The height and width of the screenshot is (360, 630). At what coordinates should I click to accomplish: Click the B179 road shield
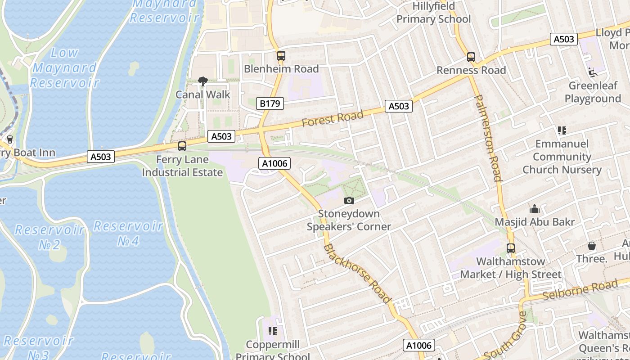pos(270,103)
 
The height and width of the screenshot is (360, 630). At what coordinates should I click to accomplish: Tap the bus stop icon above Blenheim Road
pos(281,56)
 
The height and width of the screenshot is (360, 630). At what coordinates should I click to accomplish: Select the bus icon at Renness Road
pos(471,57)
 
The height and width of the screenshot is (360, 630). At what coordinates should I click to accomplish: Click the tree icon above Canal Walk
pos(203,81)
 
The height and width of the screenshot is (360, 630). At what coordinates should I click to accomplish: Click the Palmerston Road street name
pos(488,138)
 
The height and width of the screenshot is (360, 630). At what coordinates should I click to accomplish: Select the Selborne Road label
pos(580,290)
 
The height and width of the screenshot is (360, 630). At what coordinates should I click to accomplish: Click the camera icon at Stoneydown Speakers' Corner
pos(349,201)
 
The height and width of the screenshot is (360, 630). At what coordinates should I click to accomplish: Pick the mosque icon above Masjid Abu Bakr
pos(535,209)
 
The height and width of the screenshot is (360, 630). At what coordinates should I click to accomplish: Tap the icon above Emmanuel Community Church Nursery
pos(562,130)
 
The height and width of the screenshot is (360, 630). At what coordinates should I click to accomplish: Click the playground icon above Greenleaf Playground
pos(592,72)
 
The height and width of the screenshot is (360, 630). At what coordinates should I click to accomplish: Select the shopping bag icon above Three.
pos(592,246)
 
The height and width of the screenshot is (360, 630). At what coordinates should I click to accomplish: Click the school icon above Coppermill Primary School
pos(272,332)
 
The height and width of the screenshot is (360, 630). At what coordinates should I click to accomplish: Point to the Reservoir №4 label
pos(128,234)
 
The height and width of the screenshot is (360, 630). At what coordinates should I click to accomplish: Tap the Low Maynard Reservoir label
pos(64,67)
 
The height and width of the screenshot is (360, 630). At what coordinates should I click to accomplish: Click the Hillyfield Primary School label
pos(433,13)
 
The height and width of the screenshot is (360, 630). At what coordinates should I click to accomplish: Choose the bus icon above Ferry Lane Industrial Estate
pos(182,146)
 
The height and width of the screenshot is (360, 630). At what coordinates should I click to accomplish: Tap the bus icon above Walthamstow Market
pos(511,248)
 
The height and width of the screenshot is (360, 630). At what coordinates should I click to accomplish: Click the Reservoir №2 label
pos(49,237)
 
